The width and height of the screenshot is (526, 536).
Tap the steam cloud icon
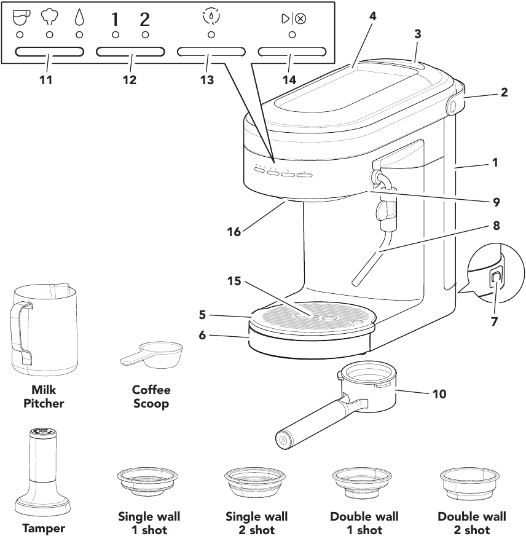pos(50,18)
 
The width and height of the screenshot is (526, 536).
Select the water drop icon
pos(79,18)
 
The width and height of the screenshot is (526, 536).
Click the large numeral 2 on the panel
pos(145,19)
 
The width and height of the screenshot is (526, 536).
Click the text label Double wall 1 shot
pos(364,523)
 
